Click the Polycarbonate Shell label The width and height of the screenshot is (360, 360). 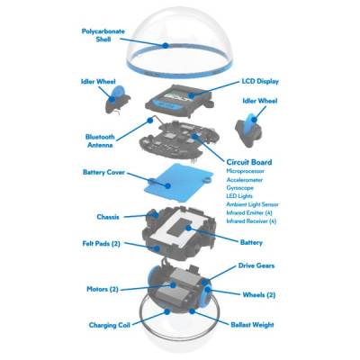[x=103, y=35]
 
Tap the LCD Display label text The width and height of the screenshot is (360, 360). [x=260, y=81]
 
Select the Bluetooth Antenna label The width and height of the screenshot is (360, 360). [x=100, y=140]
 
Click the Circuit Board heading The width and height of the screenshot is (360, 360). [x=249, y=162]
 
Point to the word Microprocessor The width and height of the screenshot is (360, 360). [x=245, y=171]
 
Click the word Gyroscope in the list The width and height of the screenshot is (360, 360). [x=239, y=188]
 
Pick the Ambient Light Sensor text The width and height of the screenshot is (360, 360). [x=252, y=204]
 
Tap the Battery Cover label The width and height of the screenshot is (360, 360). [x=103, y=173]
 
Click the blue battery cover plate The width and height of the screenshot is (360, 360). [x=179, y=183]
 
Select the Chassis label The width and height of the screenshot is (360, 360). [x=108, y=217]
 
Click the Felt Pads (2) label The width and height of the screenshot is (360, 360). [x=101, y=243]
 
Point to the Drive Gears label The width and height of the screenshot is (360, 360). [x=256, y=265]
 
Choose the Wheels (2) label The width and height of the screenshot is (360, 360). [x=259, y=294]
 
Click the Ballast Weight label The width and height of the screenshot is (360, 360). [x=252, y=325]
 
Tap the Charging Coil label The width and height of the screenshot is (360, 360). [x=109, y=325]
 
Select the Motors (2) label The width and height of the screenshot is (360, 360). [x=103, y=290]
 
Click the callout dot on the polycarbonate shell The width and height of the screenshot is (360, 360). [x=165, y=46]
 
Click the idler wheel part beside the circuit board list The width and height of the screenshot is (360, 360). [x=248, y=129]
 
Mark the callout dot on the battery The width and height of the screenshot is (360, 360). [x=188, y=228]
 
